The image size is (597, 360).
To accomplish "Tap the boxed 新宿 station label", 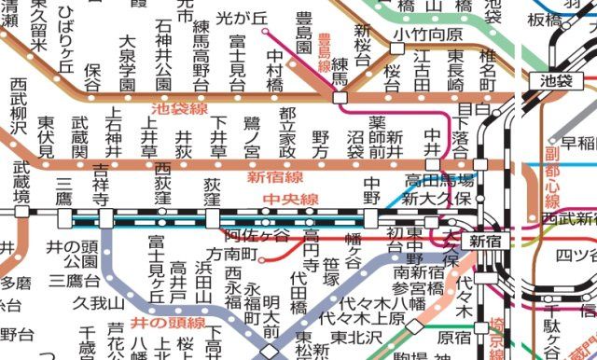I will (486, 241).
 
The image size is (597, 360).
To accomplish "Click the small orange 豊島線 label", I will (323, 53).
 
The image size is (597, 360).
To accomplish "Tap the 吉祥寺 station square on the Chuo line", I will (105, 217).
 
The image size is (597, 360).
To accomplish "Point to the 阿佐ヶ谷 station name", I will (257, 235).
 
